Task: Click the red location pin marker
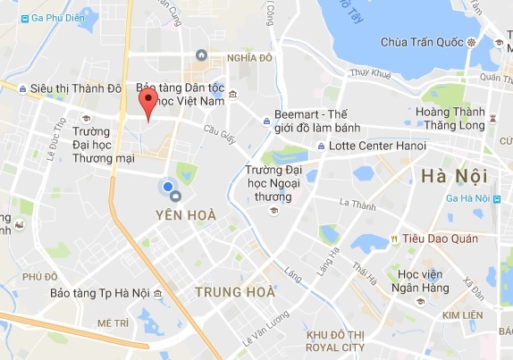pos(151,103)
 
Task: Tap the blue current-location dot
pos(166,186)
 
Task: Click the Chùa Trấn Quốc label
pos(424,42)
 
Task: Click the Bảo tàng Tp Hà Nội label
pos(100,293)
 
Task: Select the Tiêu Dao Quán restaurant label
pos(441,239)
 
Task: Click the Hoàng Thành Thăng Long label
pos(449,119)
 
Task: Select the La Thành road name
pos(357,205)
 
